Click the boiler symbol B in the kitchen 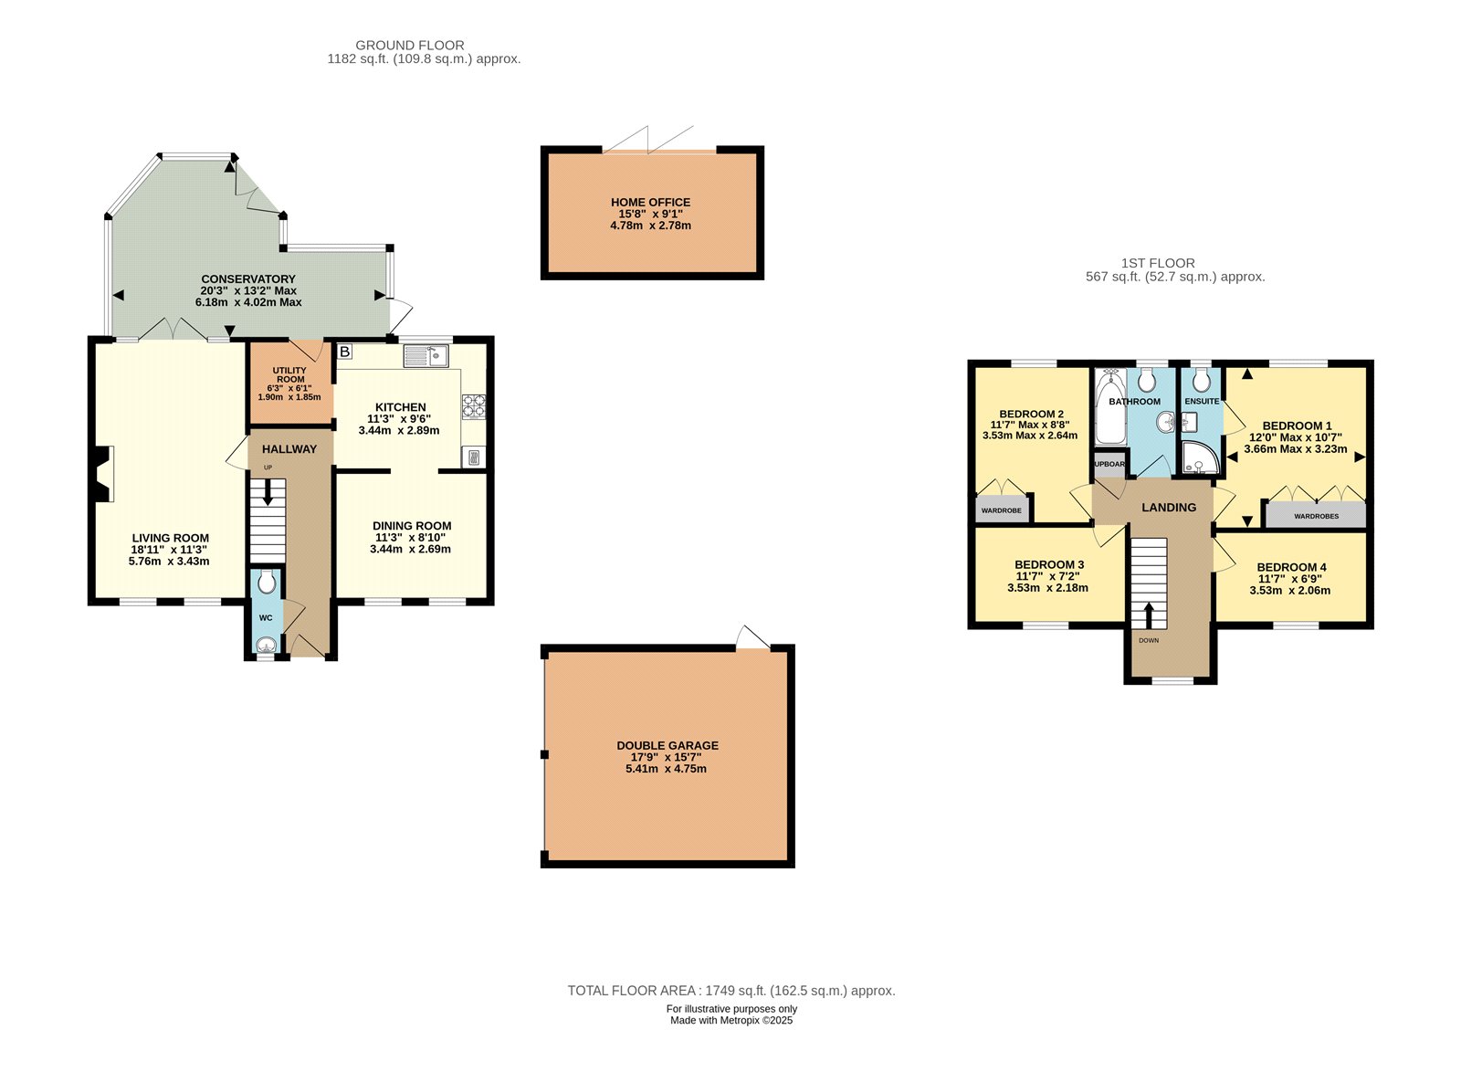(345, 352)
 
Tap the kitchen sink (426, 356)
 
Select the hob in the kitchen (473, 405)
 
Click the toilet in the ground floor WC (267, 582)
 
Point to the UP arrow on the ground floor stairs (268, 492)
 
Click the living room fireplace (102, 474)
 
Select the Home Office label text (650, 203)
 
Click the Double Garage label (667, 746)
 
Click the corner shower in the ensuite (1199, 459)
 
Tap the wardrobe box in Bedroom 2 (1002, 509)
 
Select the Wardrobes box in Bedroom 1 (1316, 515)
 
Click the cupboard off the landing (1109, 464)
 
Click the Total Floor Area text (730, 991)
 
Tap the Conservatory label (248, 279)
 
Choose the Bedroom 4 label (1291, 567)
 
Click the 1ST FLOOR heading (1157, 263)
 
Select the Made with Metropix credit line (731, 1021)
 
